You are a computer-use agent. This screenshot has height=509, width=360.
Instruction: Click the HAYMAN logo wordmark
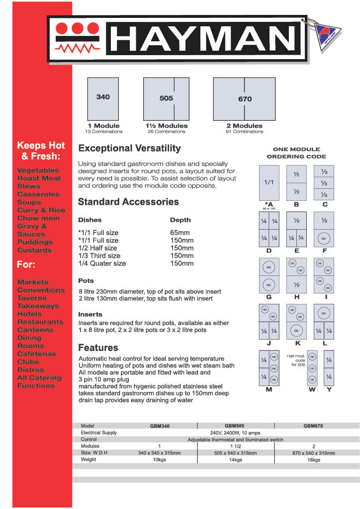tap(202, 39)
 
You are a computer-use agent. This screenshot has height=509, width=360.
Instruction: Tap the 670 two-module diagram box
tap(244, 98)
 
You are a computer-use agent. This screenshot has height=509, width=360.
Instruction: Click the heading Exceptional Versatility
tap(130, 148)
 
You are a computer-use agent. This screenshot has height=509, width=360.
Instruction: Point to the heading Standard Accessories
tap(128, 202)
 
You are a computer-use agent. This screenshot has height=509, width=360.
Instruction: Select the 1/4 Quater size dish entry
tap(102, 263)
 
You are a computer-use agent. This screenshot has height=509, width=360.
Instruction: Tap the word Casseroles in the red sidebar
tap(38, 194)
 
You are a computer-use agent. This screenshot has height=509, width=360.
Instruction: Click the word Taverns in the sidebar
tap(32, 298)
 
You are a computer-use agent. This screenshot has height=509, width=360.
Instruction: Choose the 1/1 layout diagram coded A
tap(269, 182)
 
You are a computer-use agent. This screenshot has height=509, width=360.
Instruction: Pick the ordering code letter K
tap(297, 343)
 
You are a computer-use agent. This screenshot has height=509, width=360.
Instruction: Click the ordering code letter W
tap(312, 390)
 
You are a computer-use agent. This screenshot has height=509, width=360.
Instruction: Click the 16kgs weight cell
tap(313, 460)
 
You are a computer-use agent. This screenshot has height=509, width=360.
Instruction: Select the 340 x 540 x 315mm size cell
tap(159, 453)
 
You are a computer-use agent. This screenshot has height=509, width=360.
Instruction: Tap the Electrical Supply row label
tap(99, 433)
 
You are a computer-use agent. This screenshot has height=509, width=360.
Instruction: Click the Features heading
tap(98, 347)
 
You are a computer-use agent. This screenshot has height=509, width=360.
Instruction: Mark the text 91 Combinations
tap(244, 132)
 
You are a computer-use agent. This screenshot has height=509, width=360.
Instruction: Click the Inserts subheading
tap(90, 314)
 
